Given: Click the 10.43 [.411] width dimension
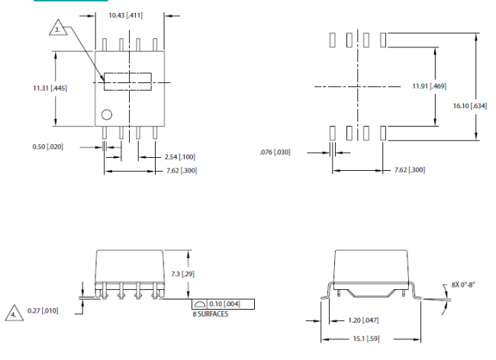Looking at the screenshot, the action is tap(126, 15).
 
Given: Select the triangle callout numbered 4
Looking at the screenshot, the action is tap(14, 314).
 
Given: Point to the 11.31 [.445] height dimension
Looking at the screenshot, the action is tap(50, 88).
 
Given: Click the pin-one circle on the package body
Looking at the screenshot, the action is tap(107, 114).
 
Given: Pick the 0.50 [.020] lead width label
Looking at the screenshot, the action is tap(48, 146).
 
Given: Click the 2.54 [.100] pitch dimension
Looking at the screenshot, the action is tap(179, 157).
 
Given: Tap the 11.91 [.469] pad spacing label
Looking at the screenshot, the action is tap(430, 86).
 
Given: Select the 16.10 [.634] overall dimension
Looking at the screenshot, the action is tap(470, 106).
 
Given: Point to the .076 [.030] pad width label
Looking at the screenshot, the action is tap(275, 152).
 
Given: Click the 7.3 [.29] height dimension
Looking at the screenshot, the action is tap(183, 274).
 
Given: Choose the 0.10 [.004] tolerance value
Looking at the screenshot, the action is tap(224, 304).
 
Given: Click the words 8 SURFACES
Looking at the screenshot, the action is tap(211, 313).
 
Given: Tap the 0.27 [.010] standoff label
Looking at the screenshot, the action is tap(43, 310).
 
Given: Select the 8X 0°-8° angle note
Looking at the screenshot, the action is tap(463, 284).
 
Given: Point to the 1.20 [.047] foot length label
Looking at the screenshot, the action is tap(363, 320).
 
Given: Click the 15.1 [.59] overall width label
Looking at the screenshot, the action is tap(366, 339).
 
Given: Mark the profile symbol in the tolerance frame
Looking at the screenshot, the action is tap(200, 304).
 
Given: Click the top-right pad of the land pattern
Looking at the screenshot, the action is tap(383, 40).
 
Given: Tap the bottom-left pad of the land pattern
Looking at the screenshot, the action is tap(333, 133).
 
